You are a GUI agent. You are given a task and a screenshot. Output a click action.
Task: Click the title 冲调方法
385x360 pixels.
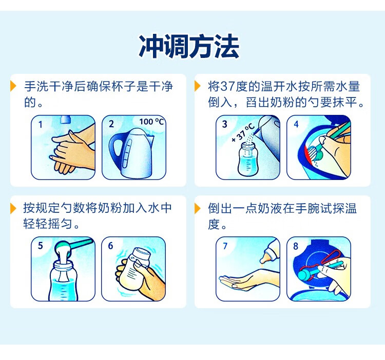click(189, 46)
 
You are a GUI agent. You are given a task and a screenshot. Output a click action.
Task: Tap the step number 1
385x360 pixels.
click(41, 125)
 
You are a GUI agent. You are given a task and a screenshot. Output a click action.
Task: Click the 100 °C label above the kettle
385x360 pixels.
click(151, 122)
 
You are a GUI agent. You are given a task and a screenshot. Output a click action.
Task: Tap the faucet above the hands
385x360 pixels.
click(66, 119)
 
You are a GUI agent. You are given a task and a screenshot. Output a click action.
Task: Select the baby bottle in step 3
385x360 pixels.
click(248, 159)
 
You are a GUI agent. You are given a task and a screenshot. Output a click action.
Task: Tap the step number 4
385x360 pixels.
click(296, 124)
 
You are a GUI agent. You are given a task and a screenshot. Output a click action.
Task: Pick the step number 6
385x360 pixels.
click(110, 246)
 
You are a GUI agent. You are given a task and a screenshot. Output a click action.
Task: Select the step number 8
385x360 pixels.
click(296, 246)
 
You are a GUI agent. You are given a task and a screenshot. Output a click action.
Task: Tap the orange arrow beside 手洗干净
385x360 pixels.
click(13, 86)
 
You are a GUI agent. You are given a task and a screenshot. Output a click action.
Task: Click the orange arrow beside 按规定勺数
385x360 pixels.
click(13, 208)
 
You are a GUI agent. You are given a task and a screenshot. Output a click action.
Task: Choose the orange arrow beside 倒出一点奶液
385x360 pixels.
click(198, 208)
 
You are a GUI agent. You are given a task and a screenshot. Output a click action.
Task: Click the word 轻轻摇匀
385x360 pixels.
click(47, 224)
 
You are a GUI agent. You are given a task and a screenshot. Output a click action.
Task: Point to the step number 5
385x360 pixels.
click(40, 246)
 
